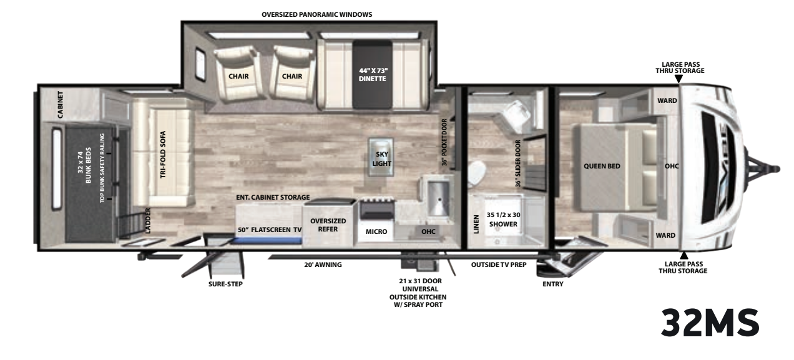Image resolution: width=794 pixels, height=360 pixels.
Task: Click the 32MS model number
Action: [710, 323]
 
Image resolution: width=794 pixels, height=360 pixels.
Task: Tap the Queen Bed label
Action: [602, 166]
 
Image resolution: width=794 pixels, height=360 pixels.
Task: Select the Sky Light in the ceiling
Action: [381, 157]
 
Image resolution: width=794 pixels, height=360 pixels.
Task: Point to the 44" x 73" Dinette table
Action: [373, 74]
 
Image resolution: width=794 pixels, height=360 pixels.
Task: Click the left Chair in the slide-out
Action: [238, 74]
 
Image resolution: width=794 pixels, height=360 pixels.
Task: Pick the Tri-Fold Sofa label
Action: [163, 155]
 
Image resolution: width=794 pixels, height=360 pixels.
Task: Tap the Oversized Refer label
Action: [328, 225]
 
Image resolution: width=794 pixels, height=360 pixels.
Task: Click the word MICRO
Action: [376, 231]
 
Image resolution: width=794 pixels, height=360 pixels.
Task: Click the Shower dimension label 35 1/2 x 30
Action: [503, 215]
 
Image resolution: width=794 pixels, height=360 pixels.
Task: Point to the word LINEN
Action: [476, 224]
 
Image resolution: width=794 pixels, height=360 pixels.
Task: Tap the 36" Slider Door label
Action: [518, 163]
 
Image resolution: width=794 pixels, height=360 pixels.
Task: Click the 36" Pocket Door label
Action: [444, 142]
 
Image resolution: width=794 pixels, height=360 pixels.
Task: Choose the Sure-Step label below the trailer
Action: [225, 284]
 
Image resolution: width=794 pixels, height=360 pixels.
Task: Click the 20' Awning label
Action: [323, 265]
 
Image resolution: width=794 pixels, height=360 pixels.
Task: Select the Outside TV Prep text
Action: [499, 265]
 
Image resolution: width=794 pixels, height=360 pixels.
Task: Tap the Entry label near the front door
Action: [553, 284]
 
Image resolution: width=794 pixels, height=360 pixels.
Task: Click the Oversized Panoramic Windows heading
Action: [317, 14]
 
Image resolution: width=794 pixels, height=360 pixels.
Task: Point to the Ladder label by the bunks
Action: [148, 221]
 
